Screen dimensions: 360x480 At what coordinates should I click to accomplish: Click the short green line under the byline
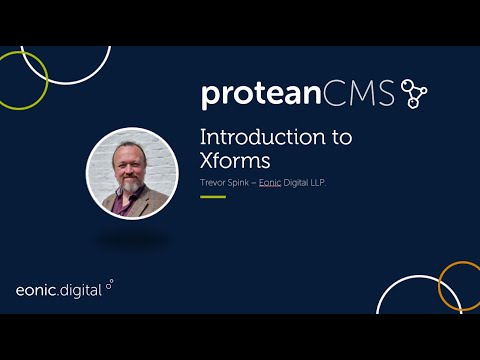pyautogui.click(x=213, y=197)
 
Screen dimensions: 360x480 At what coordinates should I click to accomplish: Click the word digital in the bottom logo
pyautogui.click(x=82, y=290)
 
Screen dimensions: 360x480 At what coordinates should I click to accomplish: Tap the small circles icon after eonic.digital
pyautogui.click(x=109, y=284)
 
